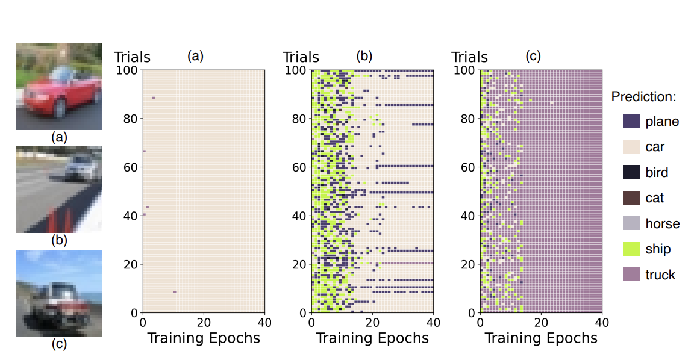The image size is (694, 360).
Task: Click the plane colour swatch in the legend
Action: coord(630,121)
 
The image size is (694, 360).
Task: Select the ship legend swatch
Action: coord(630,249)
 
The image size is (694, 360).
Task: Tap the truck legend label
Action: coord(660,275)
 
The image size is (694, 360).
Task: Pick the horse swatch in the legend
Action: coord(630,223)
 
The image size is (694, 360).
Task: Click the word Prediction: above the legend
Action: coord(643,96)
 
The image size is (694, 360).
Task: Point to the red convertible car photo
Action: coord(59,87)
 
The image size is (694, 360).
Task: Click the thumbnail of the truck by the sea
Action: coord(59,293)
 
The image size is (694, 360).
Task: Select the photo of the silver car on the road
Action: coord(59,190)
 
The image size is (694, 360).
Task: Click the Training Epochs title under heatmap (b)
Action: coord(372,338)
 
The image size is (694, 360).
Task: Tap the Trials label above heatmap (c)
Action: coord(470,57)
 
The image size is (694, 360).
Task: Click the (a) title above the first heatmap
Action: coord(195,57)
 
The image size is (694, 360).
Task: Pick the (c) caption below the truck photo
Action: coord(58,344)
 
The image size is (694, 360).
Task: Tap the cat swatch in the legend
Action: coord(630,197)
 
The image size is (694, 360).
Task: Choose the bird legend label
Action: coord(657,173)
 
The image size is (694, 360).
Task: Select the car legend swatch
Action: coord(630,147)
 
